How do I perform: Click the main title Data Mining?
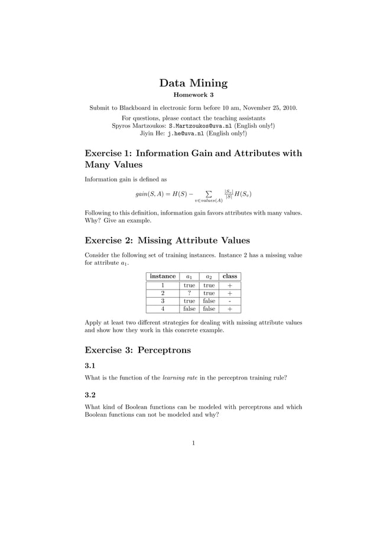click(193, 83)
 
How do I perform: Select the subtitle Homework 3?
click(193, 95)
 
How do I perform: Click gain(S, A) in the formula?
click(152, 194)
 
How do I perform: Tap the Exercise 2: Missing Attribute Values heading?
click(167, 240)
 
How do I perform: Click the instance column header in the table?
click(162, 276)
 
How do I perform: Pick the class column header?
click(230, 276)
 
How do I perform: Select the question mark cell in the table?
click(189, 292)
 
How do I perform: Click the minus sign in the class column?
click(230, 300)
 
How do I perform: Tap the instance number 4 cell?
click(162, 308)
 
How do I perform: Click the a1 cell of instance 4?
click(189, 308)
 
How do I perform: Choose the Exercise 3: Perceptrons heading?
click(138, 350)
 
